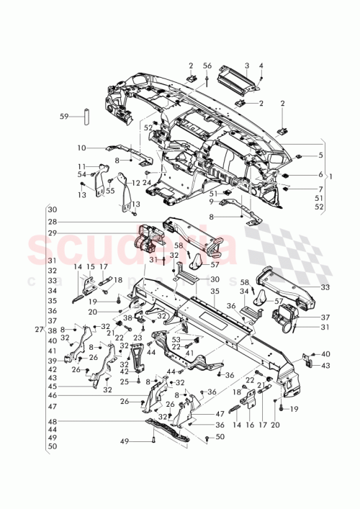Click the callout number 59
click(63, 115)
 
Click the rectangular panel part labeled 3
click(261, 66)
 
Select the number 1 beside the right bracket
click(330, 176)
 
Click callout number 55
click(109, 191)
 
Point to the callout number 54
click(81, 174)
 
